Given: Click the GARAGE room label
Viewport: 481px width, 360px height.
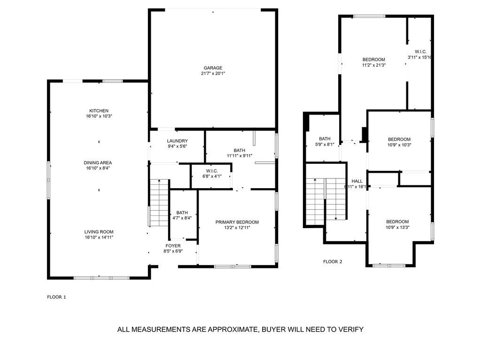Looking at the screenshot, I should coord(213,68).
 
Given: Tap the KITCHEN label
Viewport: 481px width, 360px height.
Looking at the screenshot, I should coord(99,111).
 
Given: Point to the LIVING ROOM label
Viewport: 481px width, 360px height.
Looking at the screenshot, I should coord(99,232).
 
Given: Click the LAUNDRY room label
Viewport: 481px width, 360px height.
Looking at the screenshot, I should coord(177,141).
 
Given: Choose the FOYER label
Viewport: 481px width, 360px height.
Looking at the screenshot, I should coord(173,245).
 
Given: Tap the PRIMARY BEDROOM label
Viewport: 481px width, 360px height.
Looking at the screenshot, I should coord(237,222).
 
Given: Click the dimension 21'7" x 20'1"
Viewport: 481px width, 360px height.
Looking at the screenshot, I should coord(213,74).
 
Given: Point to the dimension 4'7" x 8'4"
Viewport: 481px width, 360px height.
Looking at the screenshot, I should coord(182,218).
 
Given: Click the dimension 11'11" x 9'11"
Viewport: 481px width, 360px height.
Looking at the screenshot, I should coord(240,156).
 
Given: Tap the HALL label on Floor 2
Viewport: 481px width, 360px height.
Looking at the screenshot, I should coord(357,181).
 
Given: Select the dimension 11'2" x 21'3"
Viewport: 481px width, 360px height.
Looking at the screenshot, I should coord(373,65).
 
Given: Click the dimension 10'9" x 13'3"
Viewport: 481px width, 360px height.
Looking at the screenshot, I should coord(397,228).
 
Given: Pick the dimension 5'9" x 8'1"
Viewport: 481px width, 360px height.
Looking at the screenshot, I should coord(325,145).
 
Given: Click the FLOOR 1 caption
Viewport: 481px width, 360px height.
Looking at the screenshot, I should coord(57,297).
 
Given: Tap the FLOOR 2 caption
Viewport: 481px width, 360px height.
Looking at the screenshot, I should coord(333,261).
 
